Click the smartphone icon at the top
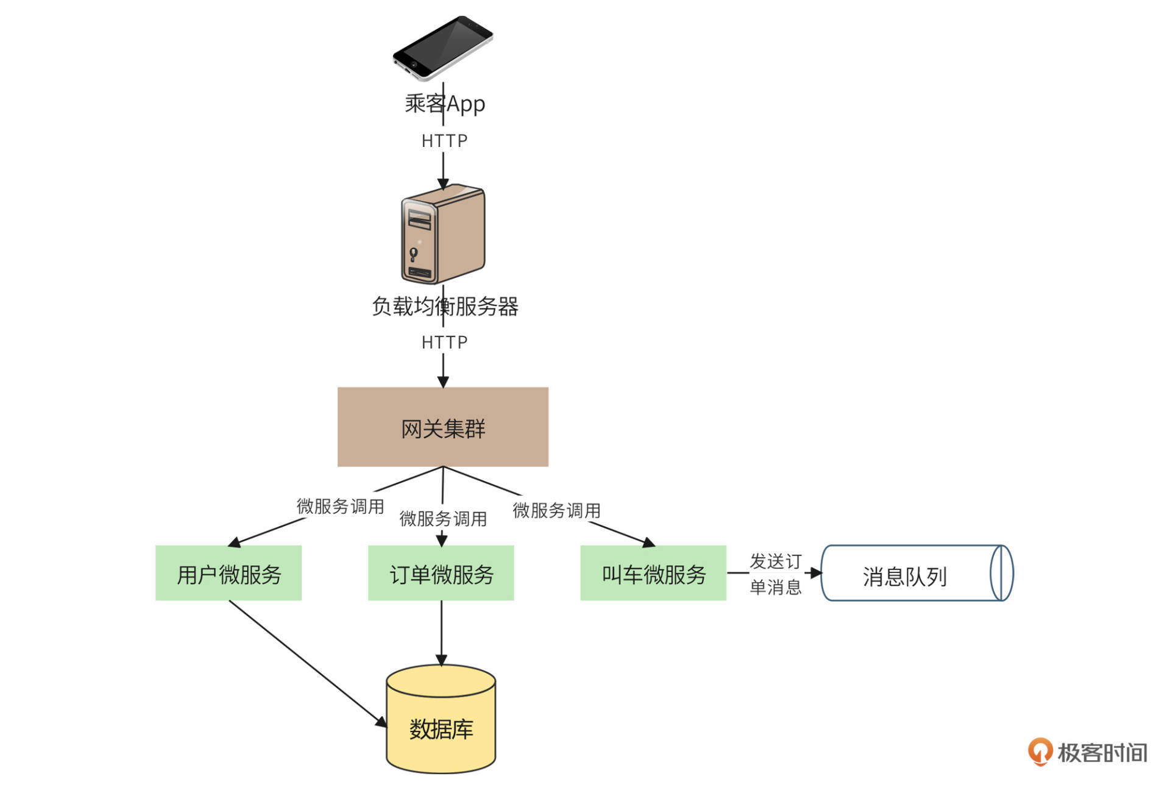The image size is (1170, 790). point(443,48)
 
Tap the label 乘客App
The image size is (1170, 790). point(445,104)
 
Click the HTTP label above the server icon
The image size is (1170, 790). point(444,141)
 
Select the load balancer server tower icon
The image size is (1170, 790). point(443,234)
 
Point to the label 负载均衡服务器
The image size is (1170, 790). point(445,306)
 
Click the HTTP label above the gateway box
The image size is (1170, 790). point(444,343)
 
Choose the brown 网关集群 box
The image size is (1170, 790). point(443,427)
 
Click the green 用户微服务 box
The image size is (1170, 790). point(229,573)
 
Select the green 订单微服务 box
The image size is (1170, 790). point(441,573)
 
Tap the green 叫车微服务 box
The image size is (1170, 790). point(653,573)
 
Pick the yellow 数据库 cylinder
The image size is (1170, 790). point(441,719)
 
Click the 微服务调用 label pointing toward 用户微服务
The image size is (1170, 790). point(340,506)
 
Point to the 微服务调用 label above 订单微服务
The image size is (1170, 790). point(443,519)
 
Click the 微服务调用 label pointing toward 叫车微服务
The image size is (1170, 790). point(556,510)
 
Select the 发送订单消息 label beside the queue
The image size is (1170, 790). point(775,574)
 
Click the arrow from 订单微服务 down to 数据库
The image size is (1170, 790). point(441,634)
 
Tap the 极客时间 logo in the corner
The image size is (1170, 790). point(1088,752)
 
